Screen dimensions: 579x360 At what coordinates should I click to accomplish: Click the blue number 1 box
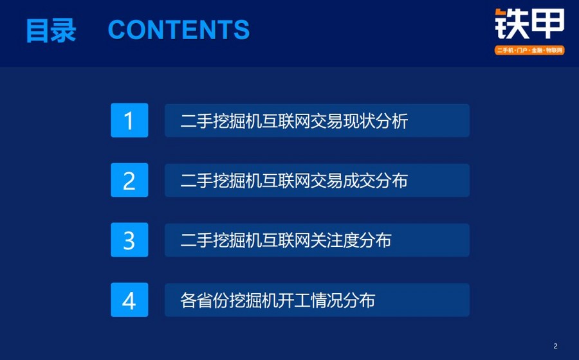click(x=129, y=120)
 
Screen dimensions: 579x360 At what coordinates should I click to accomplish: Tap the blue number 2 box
click(x=129, y=180)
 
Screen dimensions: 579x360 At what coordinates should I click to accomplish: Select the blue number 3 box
click(x=129, y=240)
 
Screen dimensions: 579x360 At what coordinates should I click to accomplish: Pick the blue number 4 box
click(x=129, y=300)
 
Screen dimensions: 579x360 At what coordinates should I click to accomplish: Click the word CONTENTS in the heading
click(x=179, y=30)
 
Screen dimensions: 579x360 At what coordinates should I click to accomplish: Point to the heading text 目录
click(x=51, y=30)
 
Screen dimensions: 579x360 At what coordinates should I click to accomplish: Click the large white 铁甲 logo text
click(x=529, y=24)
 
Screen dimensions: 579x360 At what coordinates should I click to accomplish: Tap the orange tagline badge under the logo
click(x=529, y=50)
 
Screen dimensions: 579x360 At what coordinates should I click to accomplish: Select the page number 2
click(x=555, y=346)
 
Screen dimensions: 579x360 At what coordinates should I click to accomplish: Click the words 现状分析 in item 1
click(x=376, y=121)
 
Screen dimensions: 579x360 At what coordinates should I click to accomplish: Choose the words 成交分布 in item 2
click(x=376, y=181)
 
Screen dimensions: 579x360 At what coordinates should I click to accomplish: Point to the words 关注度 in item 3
click(x=335, y=240)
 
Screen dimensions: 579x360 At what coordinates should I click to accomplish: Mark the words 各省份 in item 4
click(x=205, y=300)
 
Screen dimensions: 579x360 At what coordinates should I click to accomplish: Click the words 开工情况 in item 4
click(x=310, y=300)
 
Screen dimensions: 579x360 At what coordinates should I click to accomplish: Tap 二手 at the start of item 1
click(x=196, y=121)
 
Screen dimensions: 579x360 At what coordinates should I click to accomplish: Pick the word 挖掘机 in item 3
click(x=237, y=240)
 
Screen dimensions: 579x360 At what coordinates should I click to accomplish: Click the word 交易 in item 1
click(x=327, y=121)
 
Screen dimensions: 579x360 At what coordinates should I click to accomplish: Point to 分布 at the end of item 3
click(x=376, y=240)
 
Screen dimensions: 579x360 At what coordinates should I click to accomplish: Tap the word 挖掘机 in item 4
click(x=253, y=300)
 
